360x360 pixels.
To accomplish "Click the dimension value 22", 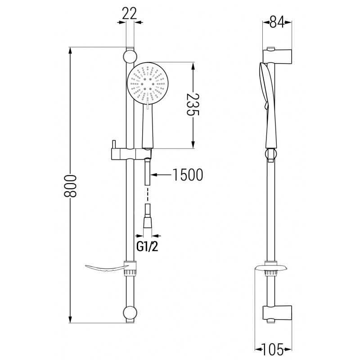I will coord(129,14).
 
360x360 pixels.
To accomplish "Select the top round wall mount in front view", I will coord(130,57).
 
